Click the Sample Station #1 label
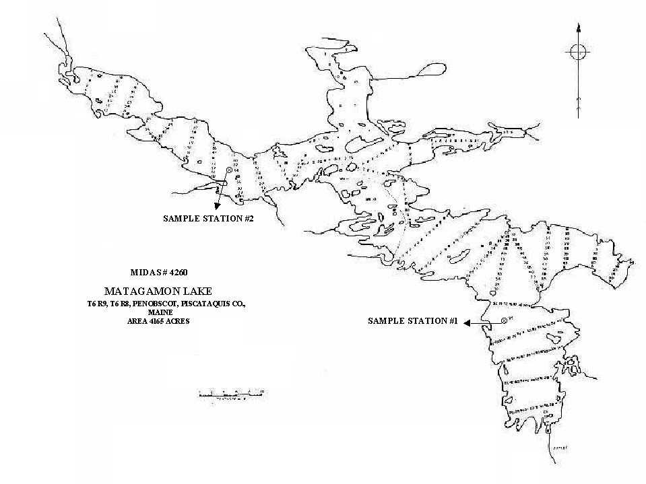pyautogui.click(x=413, y=322)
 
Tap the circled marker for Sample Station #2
pyautogui.click(x=229, y=171)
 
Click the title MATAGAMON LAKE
pyautogui.click(x=158, y=291)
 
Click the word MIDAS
pyautogui.click(x=143, y=273)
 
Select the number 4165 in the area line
pyautogui.click(x=159, y=321)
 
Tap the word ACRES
pyautogui.click(x=179, y=321)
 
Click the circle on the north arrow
pyautogui.click(x=578, y=52)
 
